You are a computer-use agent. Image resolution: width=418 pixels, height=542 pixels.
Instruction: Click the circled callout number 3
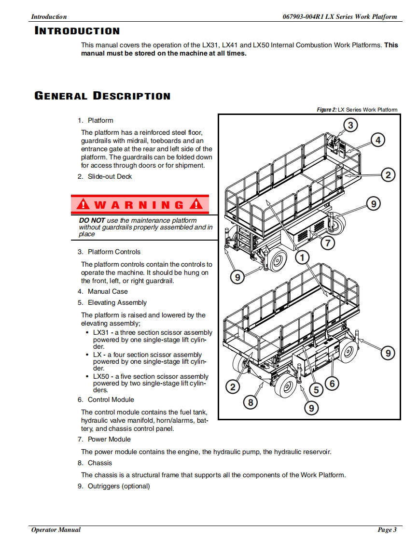click(351, 126)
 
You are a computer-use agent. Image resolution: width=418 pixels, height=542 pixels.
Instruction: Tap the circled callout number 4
click(378, 140)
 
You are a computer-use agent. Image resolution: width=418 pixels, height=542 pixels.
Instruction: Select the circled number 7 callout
click(328, 242)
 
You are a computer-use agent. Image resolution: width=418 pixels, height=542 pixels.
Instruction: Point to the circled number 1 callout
click(302, 258)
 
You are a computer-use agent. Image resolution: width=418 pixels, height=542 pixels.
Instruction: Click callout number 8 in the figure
click(250, 401)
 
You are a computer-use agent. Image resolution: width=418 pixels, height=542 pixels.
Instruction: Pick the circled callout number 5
click(316, 389)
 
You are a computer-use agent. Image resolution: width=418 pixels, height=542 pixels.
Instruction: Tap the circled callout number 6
click(332, 384)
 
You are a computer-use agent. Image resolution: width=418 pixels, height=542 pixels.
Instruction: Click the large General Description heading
click(102, 96)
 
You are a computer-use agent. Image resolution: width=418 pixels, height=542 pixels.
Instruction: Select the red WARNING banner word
click(139, 204)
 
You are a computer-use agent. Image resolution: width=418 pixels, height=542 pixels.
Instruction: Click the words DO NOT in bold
click(92, 220)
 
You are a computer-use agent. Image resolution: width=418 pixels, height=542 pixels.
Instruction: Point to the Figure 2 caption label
click(326, 110)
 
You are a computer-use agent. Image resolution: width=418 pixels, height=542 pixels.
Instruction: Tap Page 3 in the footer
click(387, 530)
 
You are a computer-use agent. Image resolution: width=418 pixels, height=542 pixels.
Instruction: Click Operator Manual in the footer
click(56, 530)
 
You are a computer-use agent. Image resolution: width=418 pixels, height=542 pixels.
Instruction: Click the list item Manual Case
click(108, 291)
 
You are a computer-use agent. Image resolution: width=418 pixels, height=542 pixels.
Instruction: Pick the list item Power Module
click(109, 439)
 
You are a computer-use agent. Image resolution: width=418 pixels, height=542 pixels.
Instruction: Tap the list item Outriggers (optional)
click(119, 486)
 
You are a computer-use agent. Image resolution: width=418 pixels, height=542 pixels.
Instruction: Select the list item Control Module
click(111, 399)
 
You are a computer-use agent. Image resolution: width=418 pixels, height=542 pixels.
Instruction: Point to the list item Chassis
click(99, 463)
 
